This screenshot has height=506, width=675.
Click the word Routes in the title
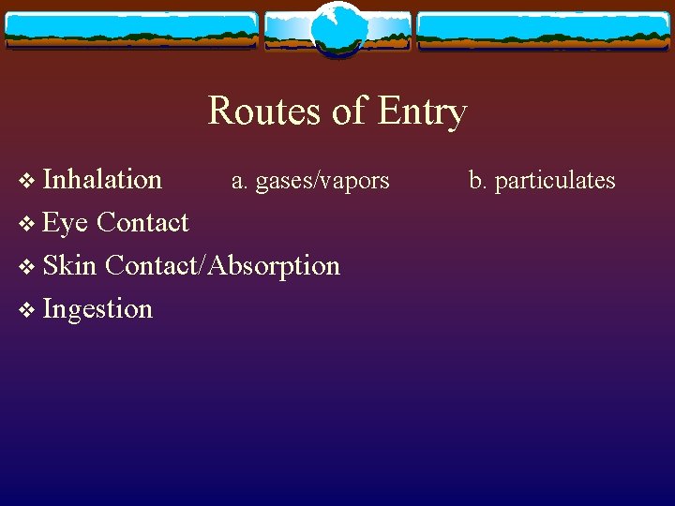click(x=265, y=112)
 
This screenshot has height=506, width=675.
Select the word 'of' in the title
click(x=349, y=112)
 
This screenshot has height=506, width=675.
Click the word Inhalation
click(x=102, y=179)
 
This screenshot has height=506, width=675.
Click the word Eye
click(x=65, y=223)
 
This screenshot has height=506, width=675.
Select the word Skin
click(x=69, y=265)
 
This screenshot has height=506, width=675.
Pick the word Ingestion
click(x=97, y=309)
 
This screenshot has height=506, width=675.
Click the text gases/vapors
click(x=322, y=180)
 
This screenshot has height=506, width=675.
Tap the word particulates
click(x=555, y=180)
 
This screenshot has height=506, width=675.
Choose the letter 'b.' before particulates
click(x=477, y=180)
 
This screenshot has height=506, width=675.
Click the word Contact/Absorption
click(x=222, y=265)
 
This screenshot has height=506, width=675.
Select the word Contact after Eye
click(x=142, y=223)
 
